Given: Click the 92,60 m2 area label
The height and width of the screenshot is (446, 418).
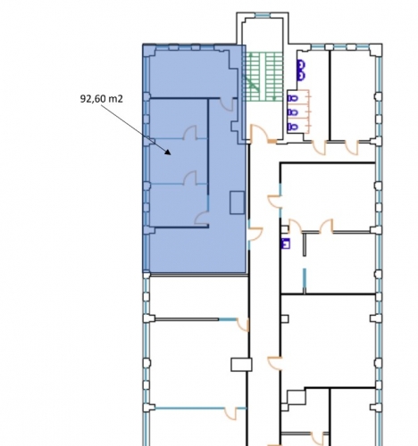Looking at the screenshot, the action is (x=102, y=99).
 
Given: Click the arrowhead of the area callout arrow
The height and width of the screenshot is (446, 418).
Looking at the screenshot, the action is (x=168, y=152).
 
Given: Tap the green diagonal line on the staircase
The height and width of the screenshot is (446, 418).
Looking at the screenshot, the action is (x=251, y=84).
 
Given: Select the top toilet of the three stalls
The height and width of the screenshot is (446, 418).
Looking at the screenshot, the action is (x=292, y=98).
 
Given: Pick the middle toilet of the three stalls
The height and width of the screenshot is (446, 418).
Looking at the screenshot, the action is (x=292, y=112).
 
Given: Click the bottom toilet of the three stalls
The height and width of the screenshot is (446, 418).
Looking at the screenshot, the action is (x=292, y=127).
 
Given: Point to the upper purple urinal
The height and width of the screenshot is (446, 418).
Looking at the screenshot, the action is (x=301, y=65).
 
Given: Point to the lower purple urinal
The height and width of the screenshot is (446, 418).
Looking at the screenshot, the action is (x=301, y=76).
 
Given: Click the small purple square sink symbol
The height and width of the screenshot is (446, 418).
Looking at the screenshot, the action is (x=286, y=244).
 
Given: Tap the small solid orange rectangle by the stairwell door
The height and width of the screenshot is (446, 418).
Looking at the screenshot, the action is (x=272, y=142).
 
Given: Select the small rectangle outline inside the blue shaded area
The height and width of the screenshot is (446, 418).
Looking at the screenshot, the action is (x=238, y=202).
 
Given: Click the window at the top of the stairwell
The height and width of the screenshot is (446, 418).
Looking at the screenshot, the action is (x=263, y=15).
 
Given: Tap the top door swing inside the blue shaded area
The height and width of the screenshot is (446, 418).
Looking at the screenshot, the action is (x=228, y=104).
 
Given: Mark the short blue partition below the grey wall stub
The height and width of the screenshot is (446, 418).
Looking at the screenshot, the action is (x=305, y=281).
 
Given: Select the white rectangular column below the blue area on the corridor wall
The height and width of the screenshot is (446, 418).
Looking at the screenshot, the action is (x=241, y=365).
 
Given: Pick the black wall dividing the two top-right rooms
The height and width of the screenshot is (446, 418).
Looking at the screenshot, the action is (x=330, y=95).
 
